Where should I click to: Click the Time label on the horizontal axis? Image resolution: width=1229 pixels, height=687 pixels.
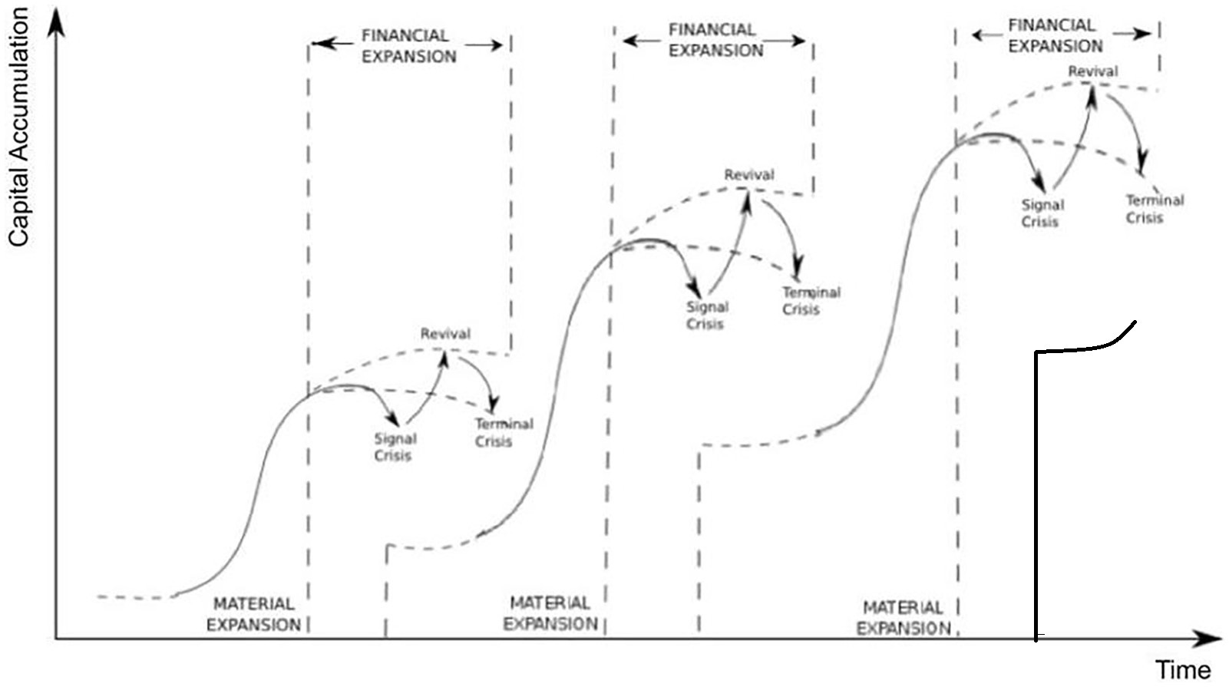(1183, 669)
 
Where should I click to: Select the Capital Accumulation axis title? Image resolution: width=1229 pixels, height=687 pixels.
(18, 127)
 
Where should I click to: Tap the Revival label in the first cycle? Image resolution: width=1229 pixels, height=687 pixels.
(445, 334)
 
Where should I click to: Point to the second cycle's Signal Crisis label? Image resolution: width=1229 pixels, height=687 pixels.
(706, 315)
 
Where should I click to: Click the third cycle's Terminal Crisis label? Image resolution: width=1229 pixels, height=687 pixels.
(1154, 209)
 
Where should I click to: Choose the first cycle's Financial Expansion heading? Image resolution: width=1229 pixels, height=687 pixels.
(408, 46)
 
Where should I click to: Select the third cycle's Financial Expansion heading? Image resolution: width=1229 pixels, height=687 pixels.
(1055, 36)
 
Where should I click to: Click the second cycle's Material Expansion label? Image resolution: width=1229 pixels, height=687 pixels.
(550, 613)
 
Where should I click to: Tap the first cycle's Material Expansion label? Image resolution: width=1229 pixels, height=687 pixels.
(253, 615)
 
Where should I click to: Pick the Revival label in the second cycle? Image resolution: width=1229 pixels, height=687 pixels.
(749, 175)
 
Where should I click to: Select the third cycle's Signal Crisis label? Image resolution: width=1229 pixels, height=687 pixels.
(1042, 213)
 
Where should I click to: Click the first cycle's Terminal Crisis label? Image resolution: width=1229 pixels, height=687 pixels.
(503, 433)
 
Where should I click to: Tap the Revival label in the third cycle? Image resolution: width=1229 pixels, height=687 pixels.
(1093, 71)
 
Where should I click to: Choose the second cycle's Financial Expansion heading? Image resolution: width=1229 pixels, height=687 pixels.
(715, 40)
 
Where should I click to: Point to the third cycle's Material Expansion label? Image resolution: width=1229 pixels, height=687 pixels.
(903, 618)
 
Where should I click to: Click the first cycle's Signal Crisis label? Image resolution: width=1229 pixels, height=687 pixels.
(395, 447)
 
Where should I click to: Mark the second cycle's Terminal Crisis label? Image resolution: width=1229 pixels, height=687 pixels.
(811, 301)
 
